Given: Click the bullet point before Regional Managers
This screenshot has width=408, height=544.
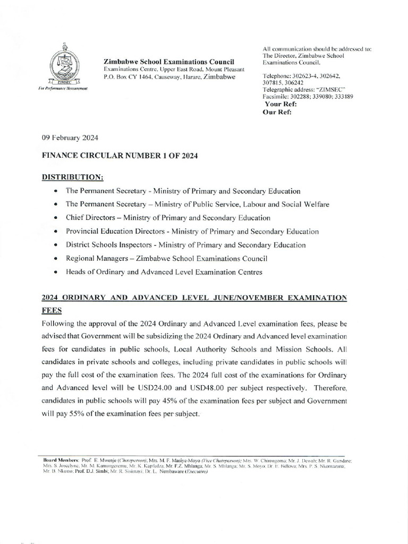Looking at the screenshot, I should point(56,259).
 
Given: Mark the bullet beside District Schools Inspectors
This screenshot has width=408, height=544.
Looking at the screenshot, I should point(56,245).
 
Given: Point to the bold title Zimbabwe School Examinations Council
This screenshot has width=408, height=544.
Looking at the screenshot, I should point(169,63).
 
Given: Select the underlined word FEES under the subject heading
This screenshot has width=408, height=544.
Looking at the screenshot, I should point(52,309).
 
